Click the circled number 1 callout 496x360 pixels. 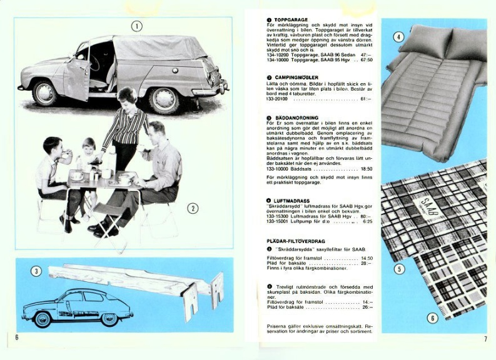point(136,26)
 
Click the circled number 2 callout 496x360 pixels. point(193,208)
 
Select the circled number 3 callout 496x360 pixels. point(36,271)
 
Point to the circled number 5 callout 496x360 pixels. point(399,269)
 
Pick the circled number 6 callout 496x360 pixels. point(432,318)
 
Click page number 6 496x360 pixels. point(18,338)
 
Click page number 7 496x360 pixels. point(485,339)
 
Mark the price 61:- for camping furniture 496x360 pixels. point(365,99)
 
